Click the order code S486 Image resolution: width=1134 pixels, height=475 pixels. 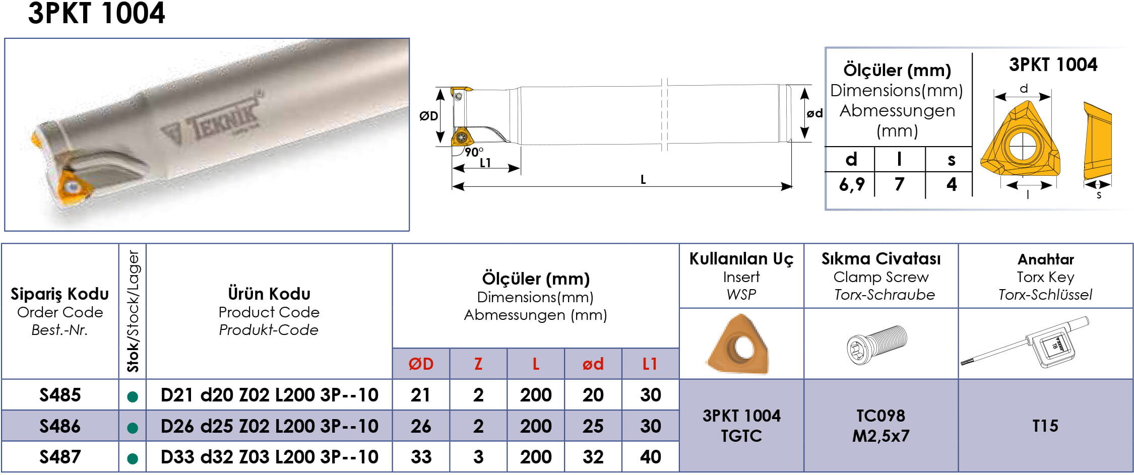(60, 426)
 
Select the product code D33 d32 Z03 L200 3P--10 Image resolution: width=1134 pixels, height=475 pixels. (269, 457)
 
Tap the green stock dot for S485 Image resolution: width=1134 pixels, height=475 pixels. (133, 397)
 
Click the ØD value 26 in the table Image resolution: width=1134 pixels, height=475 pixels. (421, 426)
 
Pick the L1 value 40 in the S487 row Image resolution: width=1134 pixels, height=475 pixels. (650, 457)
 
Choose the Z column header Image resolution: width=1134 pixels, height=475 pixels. (478, 364)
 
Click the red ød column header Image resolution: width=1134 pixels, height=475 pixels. (593, 364)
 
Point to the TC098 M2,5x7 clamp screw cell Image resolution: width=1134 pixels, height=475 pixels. (881, 426)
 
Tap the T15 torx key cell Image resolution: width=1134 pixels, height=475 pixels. (1045, 426)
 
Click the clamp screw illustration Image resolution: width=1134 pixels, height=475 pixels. (877, 344)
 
